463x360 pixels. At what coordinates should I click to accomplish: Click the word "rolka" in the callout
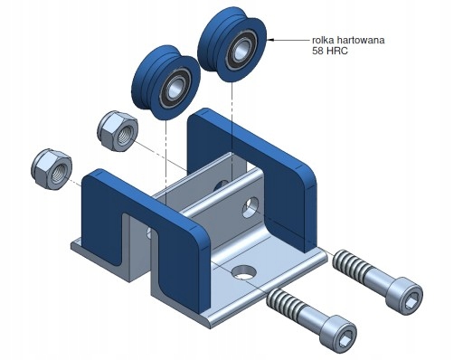[x=323, y=40]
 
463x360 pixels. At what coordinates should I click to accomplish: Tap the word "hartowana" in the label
[x=361, y=40]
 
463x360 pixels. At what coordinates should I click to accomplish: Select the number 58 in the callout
[x=318, y=51]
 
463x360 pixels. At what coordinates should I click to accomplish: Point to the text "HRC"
[x=337, y=51]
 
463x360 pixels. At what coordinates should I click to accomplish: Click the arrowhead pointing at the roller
[x=270, y=39]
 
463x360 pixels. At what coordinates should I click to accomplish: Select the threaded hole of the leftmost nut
[x=57, y=174]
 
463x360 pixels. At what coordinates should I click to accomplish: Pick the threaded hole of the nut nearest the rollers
[x=124, y=135]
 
